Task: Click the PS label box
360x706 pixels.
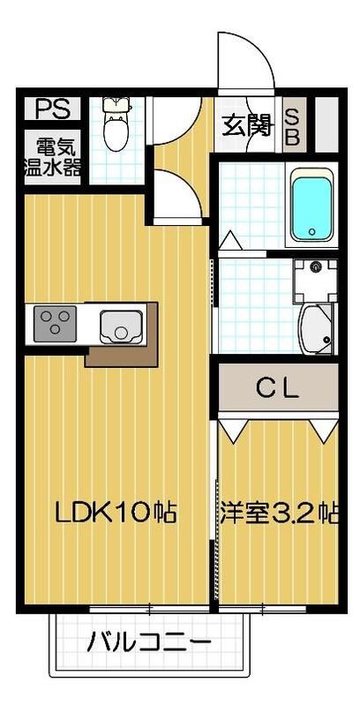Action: (x=51, y=109)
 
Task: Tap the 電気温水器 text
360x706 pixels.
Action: (x=53, y=156)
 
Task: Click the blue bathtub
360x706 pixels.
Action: (x=313, y=204)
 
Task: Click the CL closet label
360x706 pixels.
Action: (x=278, y=387)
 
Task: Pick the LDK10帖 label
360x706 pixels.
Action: (x=116, y=512)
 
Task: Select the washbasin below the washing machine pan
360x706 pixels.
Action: (x=316, y=326)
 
